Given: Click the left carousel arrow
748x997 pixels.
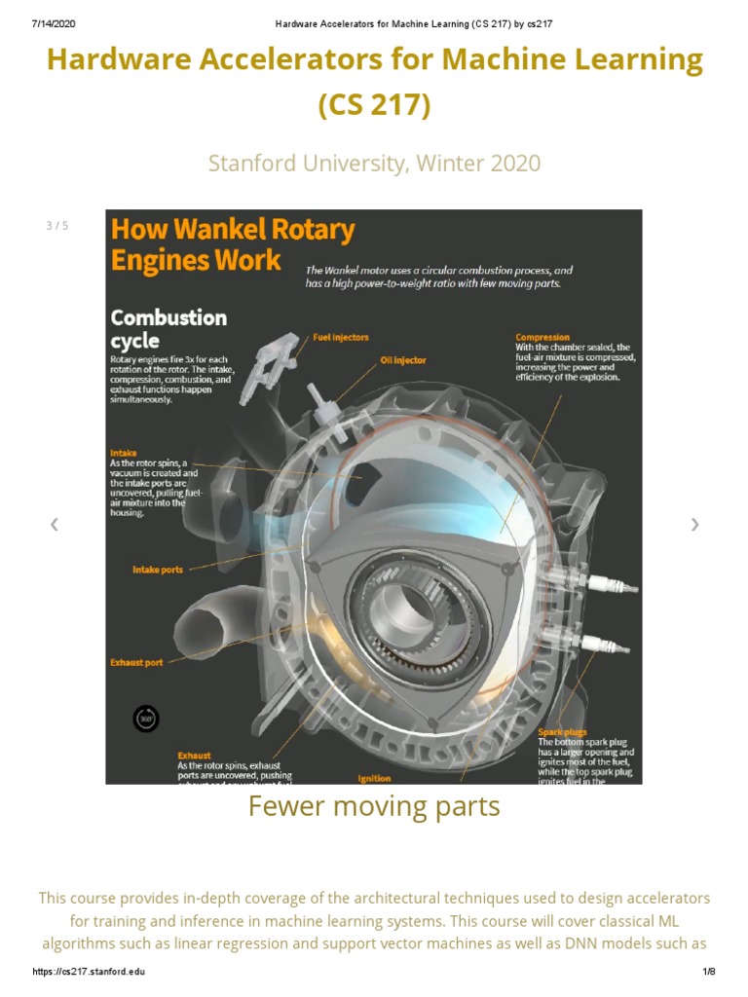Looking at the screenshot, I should (55, 525).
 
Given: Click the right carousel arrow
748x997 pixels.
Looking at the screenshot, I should (694, 525).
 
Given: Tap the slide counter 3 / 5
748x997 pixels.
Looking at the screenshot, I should (57, 226).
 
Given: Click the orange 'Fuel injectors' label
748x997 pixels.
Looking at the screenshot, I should (341, 337).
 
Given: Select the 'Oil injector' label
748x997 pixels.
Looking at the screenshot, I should (402, 360).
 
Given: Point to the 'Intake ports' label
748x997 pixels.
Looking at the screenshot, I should (158, 570).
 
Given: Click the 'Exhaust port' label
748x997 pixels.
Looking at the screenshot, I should (136, 662).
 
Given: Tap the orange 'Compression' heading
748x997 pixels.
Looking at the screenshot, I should (542, 338).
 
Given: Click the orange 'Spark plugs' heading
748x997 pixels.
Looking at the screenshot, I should (563, 731).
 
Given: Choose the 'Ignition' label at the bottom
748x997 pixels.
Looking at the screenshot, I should (375, 778).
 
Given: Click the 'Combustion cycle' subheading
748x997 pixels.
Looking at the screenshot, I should (168, 329).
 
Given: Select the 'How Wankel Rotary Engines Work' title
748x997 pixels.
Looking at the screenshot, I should (232, 244).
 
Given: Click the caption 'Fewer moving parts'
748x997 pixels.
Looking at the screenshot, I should (374, 806).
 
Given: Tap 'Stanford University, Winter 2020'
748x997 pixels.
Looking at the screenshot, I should (374, 163).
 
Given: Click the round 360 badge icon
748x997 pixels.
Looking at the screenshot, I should (146, 719).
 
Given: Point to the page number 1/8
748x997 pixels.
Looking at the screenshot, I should (708, 972).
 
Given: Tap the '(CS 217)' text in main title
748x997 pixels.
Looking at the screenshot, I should (374, 103).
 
